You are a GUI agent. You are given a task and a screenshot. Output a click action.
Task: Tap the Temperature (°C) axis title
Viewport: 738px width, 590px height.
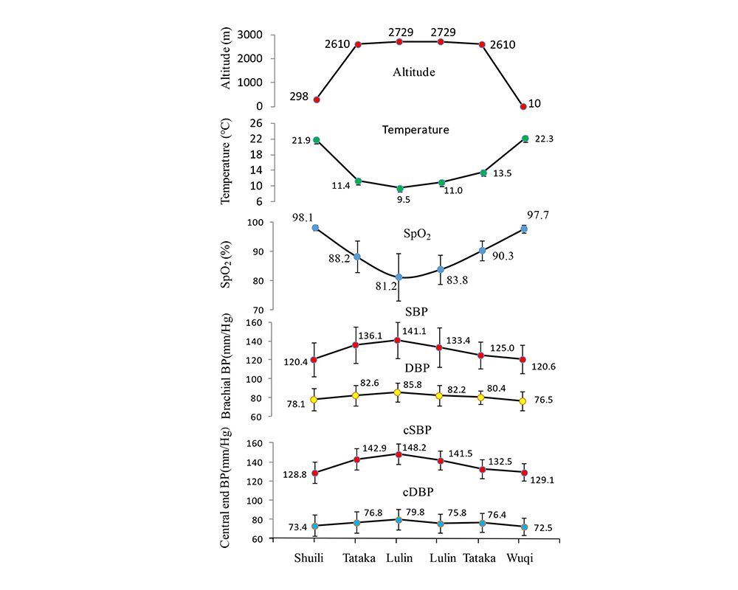[228, 162]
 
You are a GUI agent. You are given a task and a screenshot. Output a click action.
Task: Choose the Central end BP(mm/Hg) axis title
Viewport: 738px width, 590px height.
[228, 490]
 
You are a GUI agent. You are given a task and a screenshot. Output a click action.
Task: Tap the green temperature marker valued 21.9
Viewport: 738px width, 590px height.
[317, 140]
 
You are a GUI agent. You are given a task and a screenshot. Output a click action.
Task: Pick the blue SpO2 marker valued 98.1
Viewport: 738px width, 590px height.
[316, 228]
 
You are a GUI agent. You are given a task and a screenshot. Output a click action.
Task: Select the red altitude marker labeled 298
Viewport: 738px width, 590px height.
[317, 100]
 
